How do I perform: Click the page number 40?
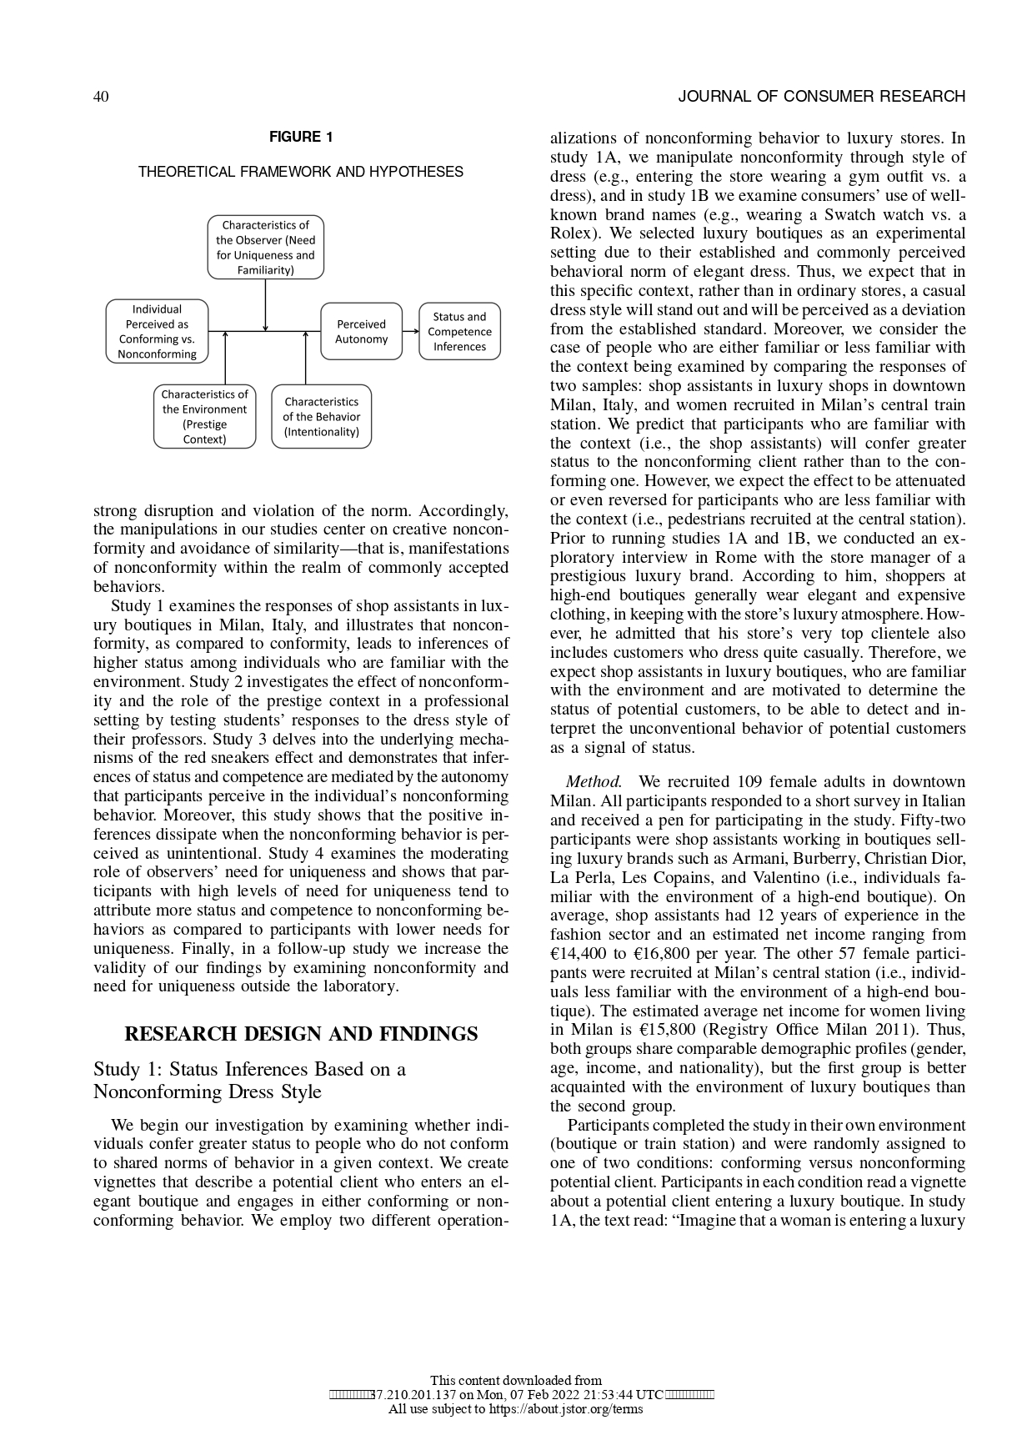[x=100, y=97]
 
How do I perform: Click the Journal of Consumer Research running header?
[x=821, y=97]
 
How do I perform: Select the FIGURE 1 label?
[x=300, y=137]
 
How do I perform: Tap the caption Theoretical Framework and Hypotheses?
[x=300, y=172]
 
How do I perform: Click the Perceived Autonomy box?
[x=361, y=331]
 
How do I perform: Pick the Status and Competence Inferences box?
[x=459, y=331]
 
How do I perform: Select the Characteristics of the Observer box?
[x=265, y=248]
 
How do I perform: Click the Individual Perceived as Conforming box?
[x=157, y=331]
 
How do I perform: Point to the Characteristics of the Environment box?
[x=204, y=416]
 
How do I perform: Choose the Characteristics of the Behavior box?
[x=321, y=416]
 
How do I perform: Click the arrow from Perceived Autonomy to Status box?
[x=410, y=331]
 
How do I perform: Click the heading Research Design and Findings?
[x=300, y=1034]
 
